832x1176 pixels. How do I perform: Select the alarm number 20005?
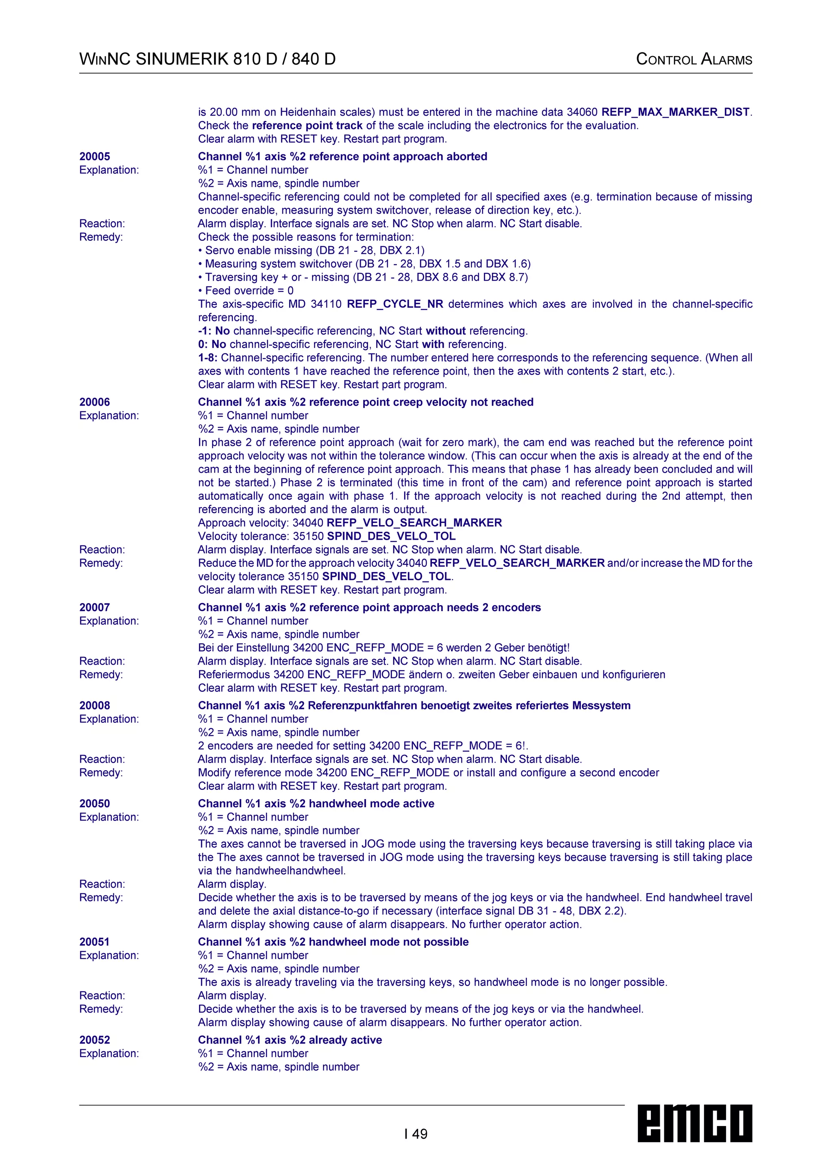95,157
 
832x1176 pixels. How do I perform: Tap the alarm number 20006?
95,402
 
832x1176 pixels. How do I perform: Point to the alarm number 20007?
95,607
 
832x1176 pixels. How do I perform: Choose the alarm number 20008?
95,705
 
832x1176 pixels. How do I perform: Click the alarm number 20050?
95,804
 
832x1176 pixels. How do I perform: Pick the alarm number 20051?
95,942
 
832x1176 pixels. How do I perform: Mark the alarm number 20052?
95,1040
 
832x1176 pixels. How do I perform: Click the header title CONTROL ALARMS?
694,59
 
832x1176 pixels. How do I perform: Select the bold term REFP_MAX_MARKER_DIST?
676,112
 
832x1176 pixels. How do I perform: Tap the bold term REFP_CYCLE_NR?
395,304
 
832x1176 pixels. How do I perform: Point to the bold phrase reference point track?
307,125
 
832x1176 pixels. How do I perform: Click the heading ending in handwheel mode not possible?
334,942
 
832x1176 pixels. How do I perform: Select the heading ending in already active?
290,1040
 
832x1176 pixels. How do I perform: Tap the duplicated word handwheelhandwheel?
290,871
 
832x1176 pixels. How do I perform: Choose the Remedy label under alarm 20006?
101,563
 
